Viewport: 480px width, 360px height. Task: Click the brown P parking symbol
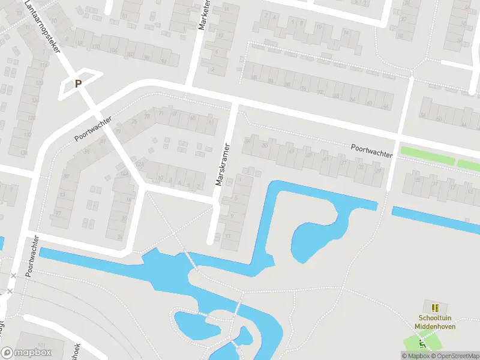(77, 84)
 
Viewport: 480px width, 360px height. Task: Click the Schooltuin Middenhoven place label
(436, 322)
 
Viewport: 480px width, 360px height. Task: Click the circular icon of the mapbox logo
(8, 353)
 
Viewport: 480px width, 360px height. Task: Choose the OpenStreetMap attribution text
(455, 356)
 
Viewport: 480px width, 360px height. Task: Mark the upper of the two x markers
(13, 275)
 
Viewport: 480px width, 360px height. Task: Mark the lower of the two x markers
(10, 291)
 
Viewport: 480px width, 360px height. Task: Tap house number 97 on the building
(58, 214)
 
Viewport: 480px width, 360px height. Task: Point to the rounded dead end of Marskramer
(211, 241)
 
